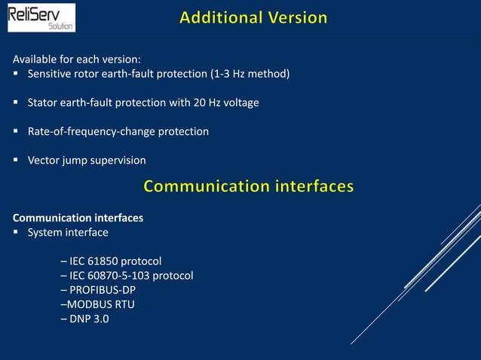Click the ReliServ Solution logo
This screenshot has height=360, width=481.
[x=41, y=17]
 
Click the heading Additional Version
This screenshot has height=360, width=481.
[x=253, y=17]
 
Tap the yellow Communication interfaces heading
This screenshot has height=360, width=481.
[x=248, y=186]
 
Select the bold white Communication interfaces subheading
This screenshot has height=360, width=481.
[x=78, y=218]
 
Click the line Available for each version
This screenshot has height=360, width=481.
[x=77, y=59]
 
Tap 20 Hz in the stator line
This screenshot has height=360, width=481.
[x=189, y=102]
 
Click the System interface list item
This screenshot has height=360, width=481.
[x=68, y=232]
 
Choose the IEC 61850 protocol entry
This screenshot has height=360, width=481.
[x=111, y=261]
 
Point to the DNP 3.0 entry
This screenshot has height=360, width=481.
[x=84, y=319]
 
